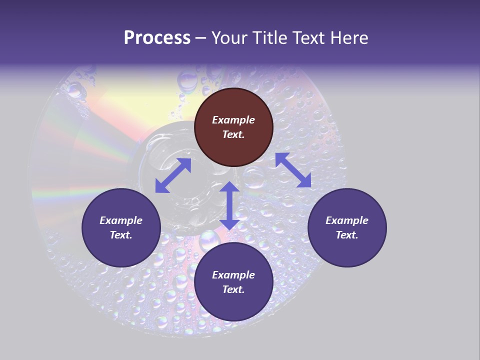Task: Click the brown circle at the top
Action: [233, 127]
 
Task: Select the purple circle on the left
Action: [121, 227]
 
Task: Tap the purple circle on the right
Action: [347, 227]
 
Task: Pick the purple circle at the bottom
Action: [233, 282]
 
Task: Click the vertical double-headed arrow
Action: [229, 205]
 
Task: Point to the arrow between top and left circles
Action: [173, 175]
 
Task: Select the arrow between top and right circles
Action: [293, 170]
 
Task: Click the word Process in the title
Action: [157, 38]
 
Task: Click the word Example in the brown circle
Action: [233, 120]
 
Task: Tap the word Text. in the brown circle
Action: [233, 134]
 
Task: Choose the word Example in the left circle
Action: [121, 220]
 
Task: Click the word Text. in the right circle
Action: [347, 235]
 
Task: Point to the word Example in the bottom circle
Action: [233, 275]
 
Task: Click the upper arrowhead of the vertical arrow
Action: [229, 187]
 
